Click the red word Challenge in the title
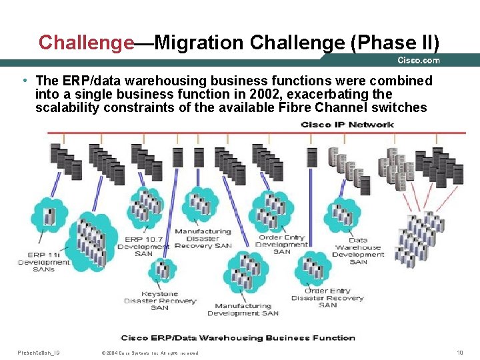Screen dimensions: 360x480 86,43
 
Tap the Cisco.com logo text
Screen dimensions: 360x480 419,60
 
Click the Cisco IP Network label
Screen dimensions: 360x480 347,125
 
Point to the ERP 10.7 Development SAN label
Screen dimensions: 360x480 143,247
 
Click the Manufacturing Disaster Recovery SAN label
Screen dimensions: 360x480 203,239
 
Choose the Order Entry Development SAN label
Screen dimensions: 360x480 281,244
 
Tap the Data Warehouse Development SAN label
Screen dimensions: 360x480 358,251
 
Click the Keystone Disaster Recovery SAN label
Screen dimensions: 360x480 160,301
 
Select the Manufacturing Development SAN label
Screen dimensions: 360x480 243,309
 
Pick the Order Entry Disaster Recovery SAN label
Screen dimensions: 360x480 327,298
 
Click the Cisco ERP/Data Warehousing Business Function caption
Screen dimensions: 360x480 237,338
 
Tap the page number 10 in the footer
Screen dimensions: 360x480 459,352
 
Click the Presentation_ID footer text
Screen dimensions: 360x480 38,352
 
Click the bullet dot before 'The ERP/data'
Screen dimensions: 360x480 24,81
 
